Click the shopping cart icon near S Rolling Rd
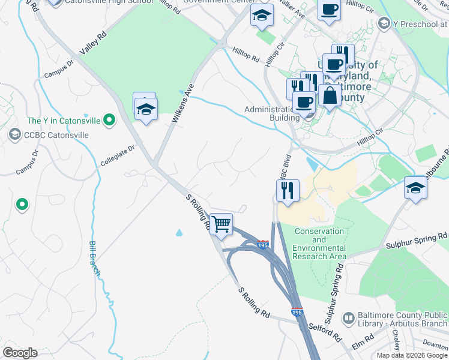coord(221,224)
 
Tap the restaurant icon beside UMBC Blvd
coord(288,191)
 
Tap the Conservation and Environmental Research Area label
coord(319,244)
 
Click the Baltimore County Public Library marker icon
coord(348,317)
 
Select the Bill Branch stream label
coord(94,259)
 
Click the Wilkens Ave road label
coord(184,103)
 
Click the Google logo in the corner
coord(19,353)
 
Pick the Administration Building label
coord(271,113)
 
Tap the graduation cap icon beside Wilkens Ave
coord(145,109)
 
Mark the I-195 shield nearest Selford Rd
coord(297,313)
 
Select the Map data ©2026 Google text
coord(412,355)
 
